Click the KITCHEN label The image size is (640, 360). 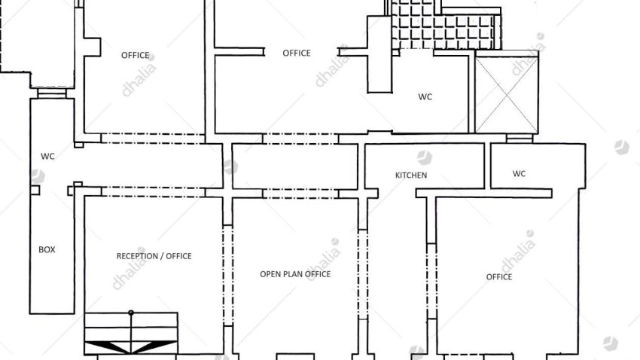[411, 175]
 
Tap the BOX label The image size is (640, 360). [47, 249]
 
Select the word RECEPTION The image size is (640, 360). [137, 256]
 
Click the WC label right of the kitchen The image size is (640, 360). [519, 173]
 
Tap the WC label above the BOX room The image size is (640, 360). [47, 157]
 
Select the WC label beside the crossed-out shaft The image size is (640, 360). [425, 96]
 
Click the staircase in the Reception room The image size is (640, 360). [131, 333]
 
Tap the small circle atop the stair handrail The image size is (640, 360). [131, 313]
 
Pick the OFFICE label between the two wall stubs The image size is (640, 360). [297, 53]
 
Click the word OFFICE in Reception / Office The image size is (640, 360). [178, 256]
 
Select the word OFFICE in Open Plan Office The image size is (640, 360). [317, 274]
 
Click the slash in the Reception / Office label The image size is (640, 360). [162, 256]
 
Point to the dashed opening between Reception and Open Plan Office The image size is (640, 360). [228, 276]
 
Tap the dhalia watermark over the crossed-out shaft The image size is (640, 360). [528, 54]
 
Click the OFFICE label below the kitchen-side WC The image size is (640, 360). [498, 276]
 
